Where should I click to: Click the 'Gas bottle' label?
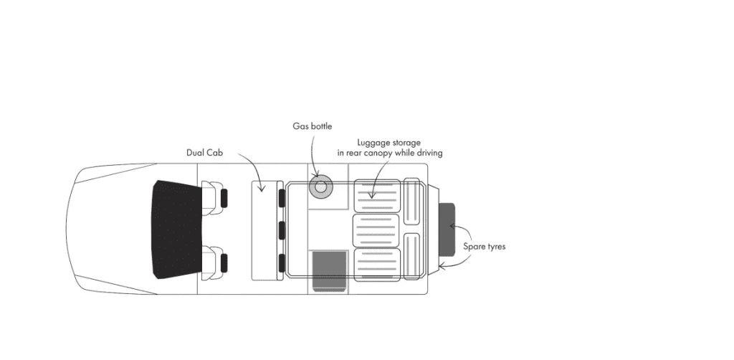[x=312, y=126]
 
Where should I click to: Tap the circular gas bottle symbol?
[x=320, y=186]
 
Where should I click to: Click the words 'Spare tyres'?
[x=484, y=247]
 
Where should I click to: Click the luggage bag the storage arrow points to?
[x=377, y=194]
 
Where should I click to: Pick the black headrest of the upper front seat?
[x=224, y=198]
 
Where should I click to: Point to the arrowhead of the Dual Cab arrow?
[x=262, y=189]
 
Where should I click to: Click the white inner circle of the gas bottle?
[x=320, y=186]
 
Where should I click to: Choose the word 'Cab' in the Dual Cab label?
[x=214, y=153]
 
